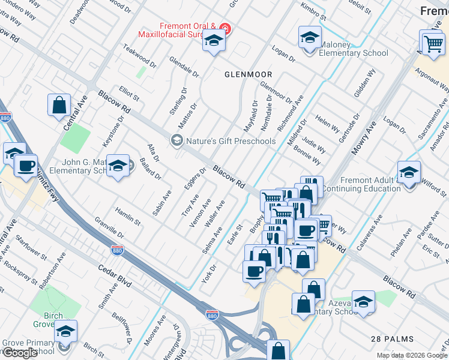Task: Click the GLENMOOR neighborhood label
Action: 249,74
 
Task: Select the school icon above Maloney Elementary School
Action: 310,38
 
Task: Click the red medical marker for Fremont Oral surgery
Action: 225,28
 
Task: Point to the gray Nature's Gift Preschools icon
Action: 176,141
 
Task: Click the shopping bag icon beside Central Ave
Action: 59,106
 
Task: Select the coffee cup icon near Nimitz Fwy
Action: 26,166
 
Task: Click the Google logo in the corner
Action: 19,353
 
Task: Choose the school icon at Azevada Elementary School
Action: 363,302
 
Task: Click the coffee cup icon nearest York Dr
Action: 254,271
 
